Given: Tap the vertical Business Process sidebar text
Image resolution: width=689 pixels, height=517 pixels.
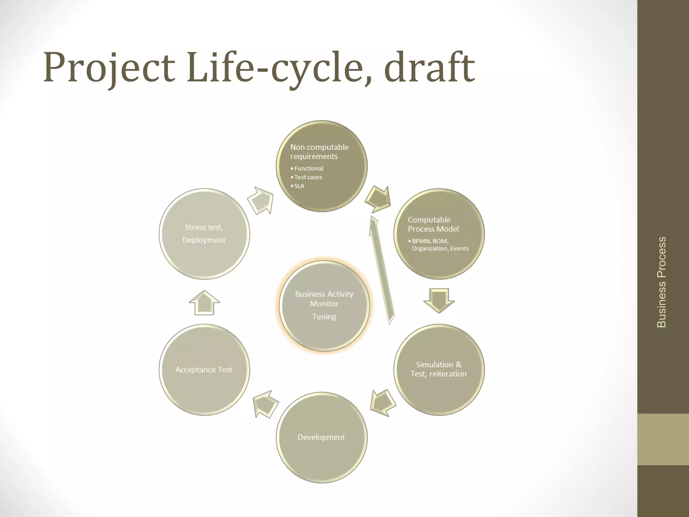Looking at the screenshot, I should (x=661, y=282).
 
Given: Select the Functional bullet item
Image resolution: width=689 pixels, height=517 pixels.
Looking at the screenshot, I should (x=309, y=168).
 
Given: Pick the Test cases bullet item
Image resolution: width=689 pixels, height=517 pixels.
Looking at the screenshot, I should (x=308, y=177).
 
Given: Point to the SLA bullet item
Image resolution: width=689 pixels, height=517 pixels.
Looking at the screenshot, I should (x=299, y=186).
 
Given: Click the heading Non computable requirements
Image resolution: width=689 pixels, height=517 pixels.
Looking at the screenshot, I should (x=319, y=152).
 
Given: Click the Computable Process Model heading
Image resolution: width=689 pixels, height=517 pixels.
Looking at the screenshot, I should (x=433, y=225).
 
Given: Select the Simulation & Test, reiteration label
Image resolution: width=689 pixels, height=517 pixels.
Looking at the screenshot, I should (x=438, y=369).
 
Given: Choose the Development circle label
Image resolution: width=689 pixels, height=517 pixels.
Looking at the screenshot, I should (x=321, y=437).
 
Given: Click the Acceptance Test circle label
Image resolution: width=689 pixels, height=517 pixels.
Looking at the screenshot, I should (x=204, y=370).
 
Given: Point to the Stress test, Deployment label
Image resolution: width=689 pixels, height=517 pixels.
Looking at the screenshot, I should (x=204, y=234).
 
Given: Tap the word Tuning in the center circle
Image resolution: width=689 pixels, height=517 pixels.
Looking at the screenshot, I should (x=324, y=316).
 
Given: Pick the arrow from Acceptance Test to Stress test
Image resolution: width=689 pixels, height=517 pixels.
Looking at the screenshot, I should (x=204, y=303).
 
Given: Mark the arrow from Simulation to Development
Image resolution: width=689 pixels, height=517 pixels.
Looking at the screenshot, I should (x=383, y=403).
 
